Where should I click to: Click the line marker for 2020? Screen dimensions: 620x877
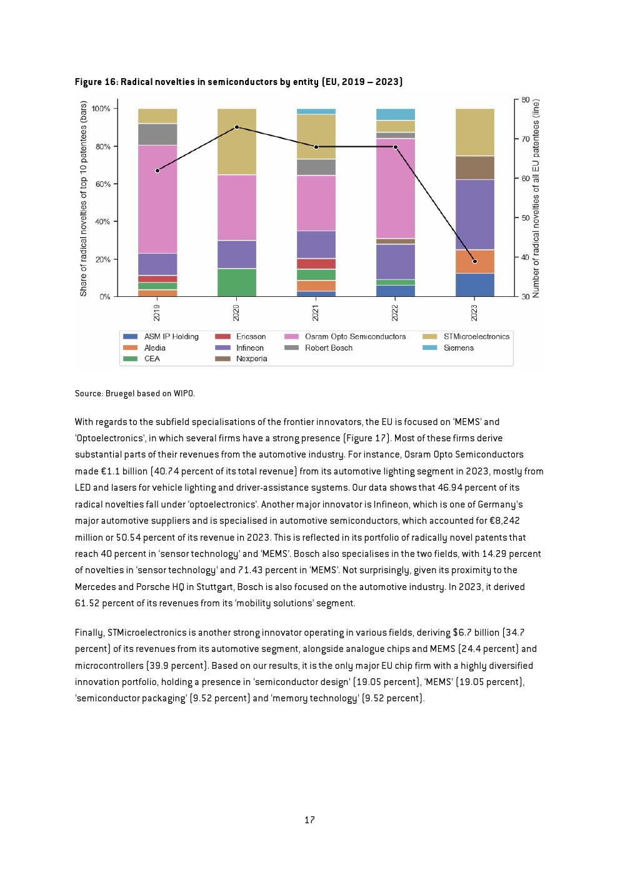pos(236,128)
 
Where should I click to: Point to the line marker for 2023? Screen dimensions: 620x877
pos(475,261)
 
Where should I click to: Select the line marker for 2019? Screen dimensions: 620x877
pos(157,171)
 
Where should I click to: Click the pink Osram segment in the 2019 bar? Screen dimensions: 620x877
pos(157,199)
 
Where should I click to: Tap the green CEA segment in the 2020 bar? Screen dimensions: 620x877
pos(237,283)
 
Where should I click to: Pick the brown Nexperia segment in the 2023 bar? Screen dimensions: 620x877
pos(475,168)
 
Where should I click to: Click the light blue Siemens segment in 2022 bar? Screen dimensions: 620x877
pos(396,114)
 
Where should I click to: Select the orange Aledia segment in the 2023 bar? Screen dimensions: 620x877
pos(475,261)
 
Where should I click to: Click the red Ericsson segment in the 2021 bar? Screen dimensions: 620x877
pos(316,264)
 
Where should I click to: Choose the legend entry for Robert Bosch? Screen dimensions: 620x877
pos(318,348)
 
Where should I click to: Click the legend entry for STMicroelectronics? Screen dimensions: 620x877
pos(466,336)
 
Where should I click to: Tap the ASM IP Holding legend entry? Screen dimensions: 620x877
pos(161,336)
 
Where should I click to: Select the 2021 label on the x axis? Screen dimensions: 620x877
pos(316,313)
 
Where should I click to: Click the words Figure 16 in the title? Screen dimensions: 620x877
pos(96,82)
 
